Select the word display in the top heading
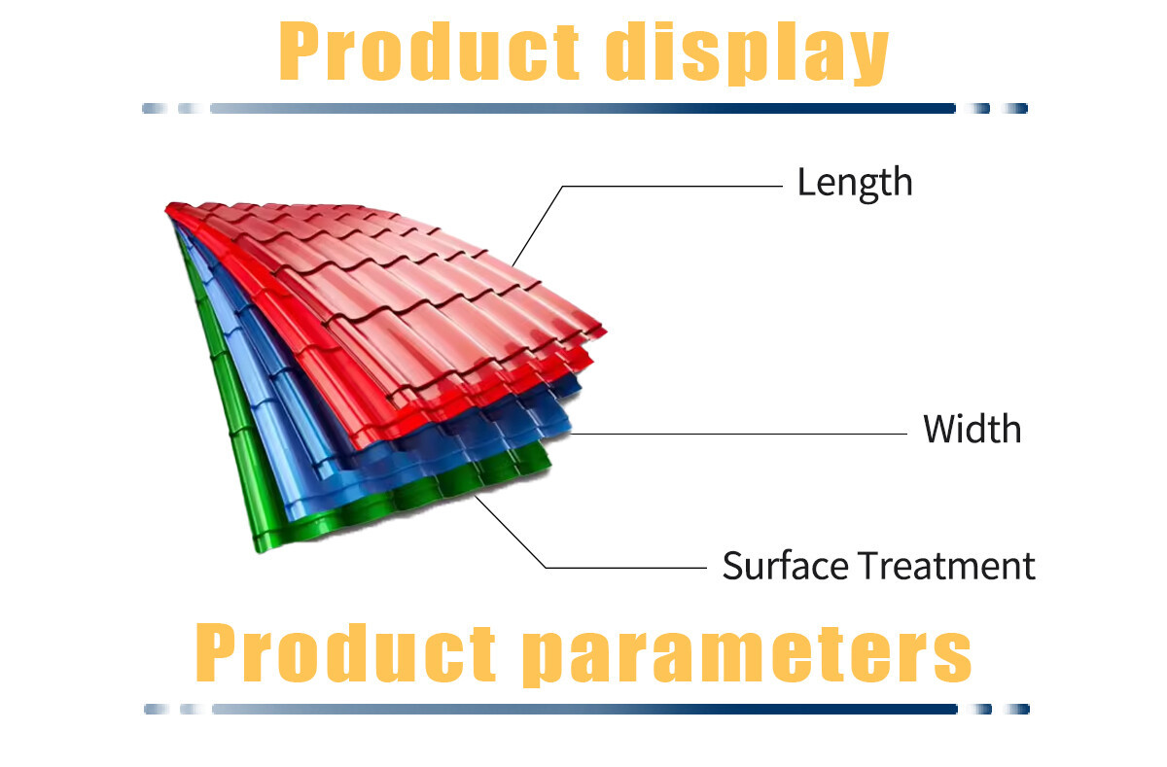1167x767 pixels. click(748, 52)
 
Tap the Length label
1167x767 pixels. click(855, 183)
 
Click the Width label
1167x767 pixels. click(972, 429)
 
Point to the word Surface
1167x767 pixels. click(785, 566)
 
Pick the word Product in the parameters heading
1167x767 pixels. click(345, 652)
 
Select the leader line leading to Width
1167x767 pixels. click(739, 434)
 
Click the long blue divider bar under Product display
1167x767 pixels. click(583, 108)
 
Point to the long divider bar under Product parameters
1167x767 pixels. click(585, 709)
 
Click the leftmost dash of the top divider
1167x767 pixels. click(155, 108)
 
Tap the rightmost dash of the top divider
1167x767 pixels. click(1015, 108)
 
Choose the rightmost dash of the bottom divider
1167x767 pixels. click(1017, 709)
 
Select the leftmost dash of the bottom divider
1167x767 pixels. click(157, 709)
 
